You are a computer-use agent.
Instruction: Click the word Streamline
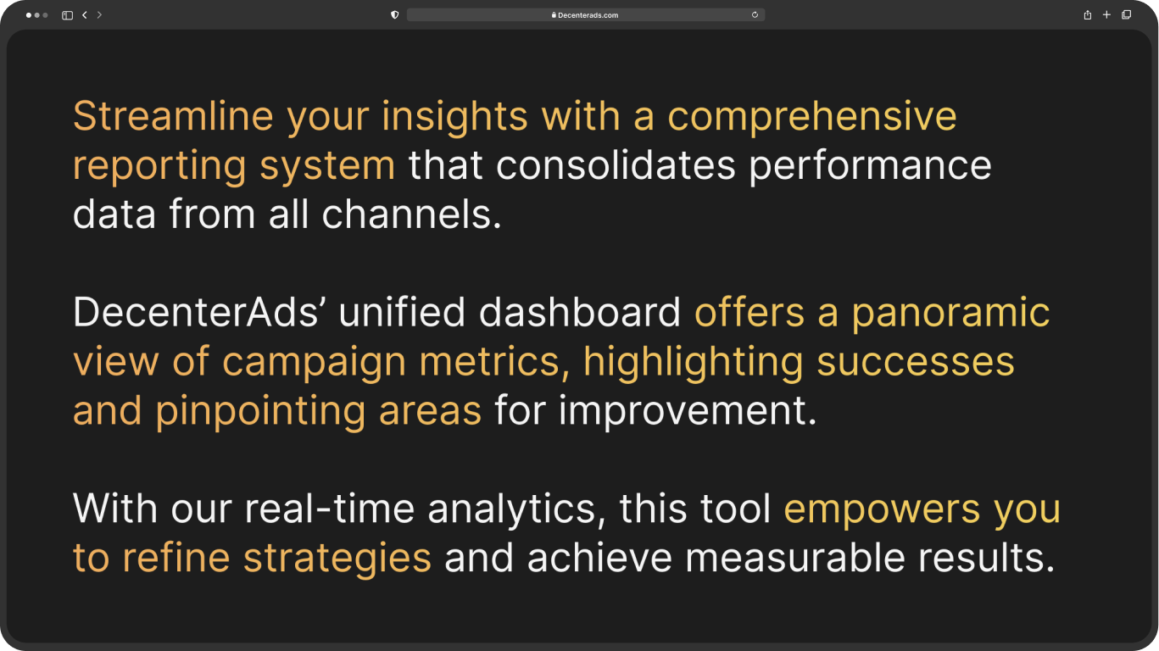click(x=173, y=115)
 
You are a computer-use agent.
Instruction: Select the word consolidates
click(x=616, y=165)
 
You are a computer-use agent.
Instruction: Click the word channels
click(x=412, y=214)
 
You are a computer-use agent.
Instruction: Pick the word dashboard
click(x=580, y=312)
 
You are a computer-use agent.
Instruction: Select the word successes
click(x=916, y=361)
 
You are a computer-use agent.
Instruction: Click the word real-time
click(x=330, y=509)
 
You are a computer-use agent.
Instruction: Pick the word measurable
click(x=795, y=558)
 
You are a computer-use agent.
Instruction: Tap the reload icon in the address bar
click(x=755, y=14)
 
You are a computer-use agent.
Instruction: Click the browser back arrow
click(x=84, y=15)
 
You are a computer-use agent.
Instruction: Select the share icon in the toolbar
click(x=1088, y=14)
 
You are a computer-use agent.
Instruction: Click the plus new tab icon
click(x=1106, y=14)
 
